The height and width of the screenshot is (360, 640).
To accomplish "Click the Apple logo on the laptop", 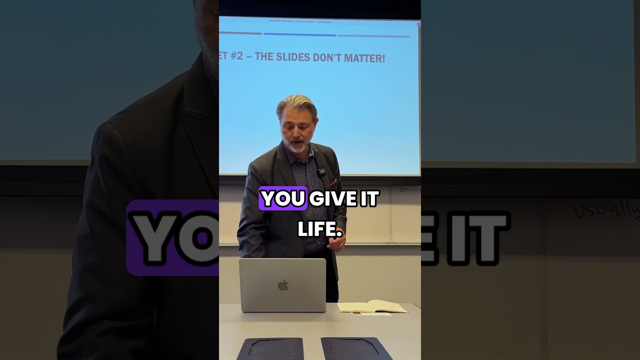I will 283,285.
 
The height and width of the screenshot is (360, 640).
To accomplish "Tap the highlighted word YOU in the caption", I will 282,198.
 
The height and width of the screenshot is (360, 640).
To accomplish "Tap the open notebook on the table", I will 372,306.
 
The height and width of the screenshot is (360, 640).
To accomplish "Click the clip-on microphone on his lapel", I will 321,172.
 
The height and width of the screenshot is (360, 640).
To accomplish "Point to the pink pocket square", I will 333,181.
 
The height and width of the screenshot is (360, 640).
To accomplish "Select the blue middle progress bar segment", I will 299,35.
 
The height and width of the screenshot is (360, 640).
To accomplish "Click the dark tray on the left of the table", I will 270,348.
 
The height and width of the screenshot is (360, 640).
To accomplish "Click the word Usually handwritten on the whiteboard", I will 410,189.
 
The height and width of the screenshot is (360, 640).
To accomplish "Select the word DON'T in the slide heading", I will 328,58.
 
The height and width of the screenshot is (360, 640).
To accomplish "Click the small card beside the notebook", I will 370,314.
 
